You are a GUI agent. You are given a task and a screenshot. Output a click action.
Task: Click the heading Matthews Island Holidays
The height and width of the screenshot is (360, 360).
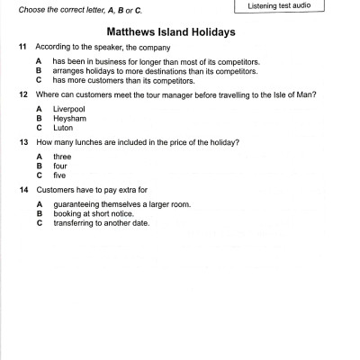tap(177, 31)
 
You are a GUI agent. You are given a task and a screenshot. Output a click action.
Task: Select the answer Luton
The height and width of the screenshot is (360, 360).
tap(64, 127)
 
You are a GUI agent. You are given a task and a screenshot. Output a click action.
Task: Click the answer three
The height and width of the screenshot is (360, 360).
tap(62, 157)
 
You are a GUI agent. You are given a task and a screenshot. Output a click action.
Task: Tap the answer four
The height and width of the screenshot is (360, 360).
tap(60, 166)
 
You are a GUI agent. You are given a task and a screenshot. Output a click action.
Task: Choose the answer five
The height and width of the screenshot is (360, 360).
tap(60, 175)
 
